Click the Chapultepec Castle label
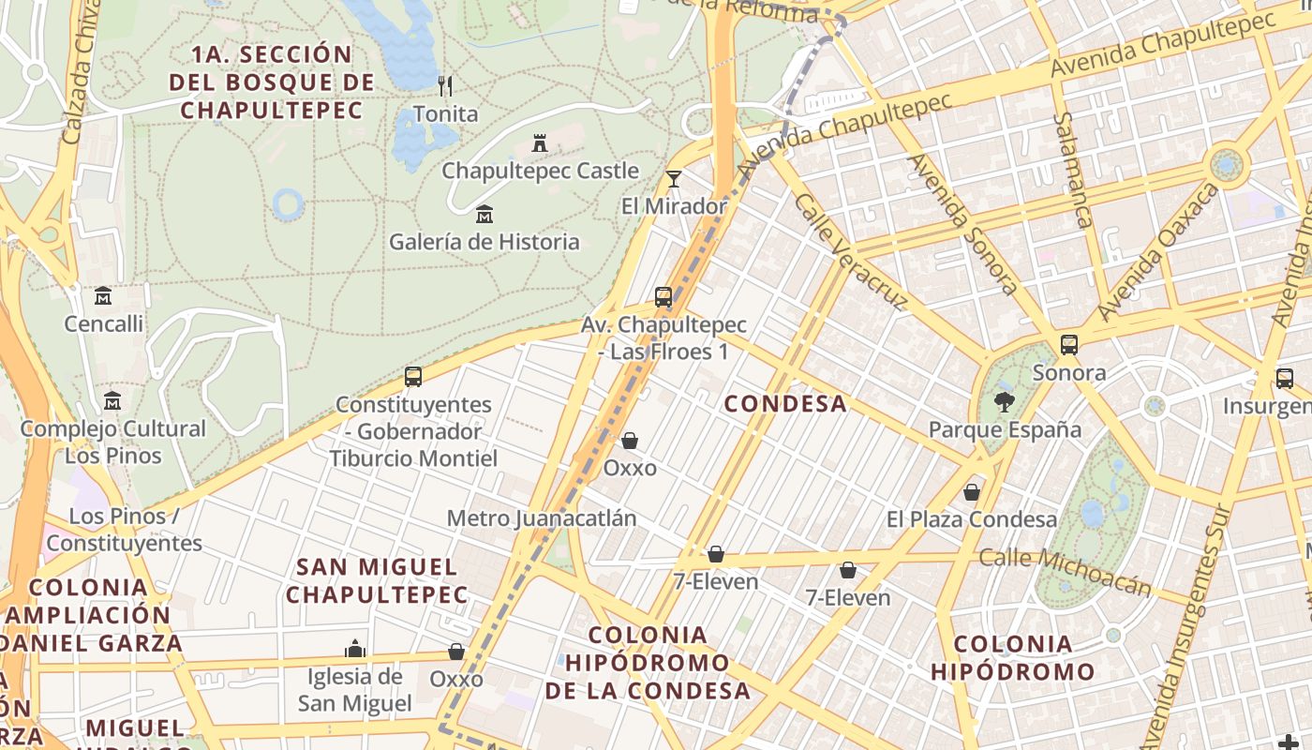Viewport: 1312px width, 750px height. pos(540,171)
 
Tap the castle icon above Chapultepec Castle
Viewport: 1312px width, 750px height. pos(540,143)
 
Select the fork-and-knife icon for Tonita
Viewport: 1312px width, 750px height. pos(445,86)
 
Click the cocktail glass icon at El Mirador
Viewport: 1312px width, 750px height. pos(673,178)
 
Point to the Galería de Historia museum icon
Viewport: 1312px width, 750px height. pos(485,215)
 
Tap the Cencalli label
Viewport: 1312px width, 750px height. pos(103,324)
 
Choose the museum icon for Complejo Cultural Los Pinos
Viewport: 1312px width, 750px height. pos(112,400)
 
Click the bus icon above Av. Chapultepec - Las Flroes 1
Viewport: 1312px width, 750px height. pos(663,297)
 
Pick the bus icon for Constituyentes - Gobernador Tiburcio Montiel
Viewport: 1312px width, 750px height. pos(412,377)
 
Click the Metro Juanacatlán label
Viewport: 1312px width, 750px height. pos(542,518)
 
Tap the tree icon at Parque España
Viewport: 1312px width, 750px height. pos(1004,402)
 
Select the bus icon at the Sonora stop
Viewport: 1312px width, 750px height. pos(1069,345)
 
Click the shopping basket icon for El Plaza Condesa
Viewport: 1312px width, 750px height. pos(972,492)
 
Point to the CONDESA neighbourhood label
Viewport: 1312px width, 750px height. pos(785,404)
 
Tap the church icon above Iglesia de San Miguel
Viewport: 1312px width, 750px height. pos(354,649)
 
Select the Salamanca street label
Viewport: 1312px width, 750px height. pos(1073,170)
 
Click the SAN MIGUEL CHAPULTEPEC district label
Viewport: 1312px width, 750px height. pos(377,580)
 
